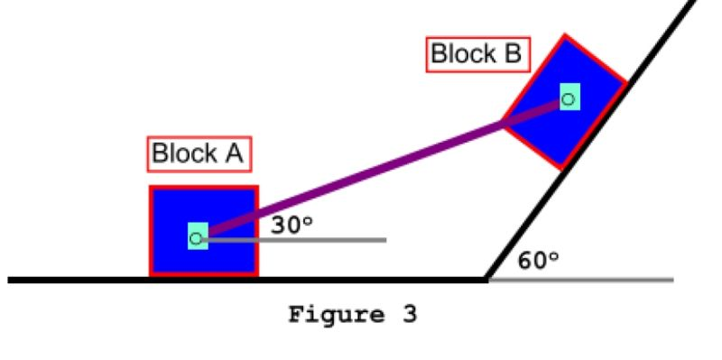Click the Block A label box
pos(199,153)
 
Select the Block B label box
pos(476,54)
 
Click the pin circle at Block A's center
pos(196,238)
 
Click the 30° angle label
pos(292,225)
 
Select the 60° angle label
pos(539,262)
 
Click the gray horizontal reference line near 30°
pos(343,239)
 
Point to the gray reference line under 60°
pos(614,280)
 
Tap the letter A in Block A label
pos(233,153)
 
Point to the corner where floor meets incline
pos(487,279)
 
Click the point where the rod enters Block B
pos(504,123)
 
